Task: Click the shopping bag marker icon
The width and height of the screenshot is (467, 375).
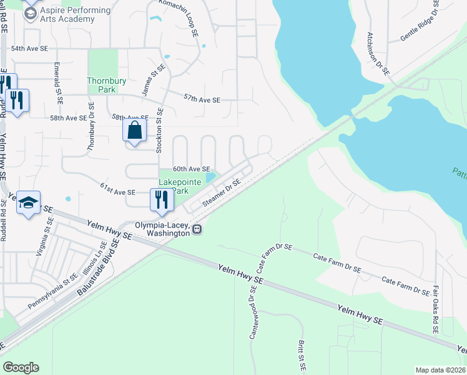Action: (134, 131)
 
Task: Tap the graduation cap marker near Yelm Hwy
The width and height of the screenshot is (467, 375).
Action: (28, 202)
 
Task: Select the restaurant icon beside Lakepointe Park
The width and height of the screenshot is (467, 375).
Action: (162, 199)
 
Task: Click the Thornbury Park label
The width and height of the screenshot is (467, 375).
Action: (103, 85)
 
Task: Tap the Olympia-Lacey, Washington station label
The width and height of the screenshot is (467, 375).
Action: (163, 229)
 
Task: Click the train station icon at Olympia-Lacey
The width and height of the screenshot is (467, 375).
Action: (197, 229)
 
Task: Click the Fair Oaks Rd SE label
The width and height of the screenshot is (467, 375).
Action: (435, 310)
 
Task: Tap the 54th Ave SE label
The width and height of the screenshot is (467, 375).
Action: (30, 48)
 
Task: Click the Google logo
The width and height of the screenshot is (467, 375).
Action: (21, 367)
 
